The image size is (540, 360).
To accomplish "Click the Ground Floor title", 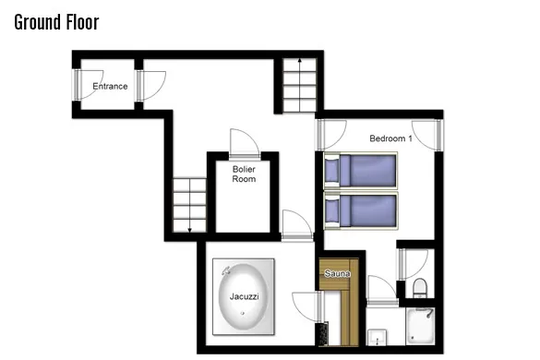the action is click(x=57, y=22).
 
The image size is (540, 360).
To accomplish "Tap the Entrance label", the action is click(x=110, y=86).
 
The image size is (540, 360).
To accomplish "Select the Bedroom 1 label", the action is click(x=390, y=138).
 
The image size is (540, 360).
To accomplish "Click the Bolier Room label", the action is click(x=244, y=174).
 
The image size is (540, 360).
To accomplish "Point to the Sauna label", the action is click(x=338, y=273).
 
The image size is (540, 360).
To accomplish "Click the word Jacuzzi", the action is click(x=245, y=296).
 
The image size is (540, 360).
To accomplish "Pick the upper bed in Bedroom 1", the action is click(x=361, y=171).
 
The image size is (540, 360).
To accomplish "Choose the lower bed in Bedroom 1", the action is click(x=361, y=210).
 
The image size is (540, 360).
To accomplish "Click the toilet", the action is click(x=420, y=288).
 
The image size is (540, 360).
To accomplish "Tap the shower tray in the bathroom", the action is click(x=420, y=326).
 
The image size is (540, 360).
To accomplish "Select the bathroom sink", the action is click(x=378, y=337).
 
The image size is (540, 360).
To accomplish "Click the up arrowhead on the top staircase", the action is click(x=300, y=61).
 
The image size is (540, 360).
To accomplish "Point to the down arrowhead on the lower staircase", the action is click(x=189, y=230).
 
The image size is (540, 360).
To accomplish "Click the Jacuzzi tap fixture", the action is click(x=226, y=270).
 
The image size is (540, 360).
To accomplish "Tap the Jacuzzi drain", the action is click(x=243, y=313).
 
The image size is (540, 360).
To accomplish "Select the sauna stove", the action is click(x=323, y=333).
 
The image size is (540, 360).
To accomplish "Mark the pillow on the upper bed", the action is click(x=331, y=171).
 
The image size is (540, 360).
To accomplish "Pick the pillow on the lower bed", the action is click(x=331, y=210).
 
